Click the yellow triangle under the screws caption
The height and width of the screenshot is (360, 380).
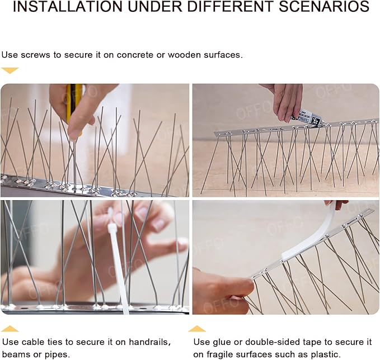click(x=10, y=70)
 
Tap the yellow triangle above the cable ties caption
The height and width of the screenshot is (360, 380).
click(x=10, y=329)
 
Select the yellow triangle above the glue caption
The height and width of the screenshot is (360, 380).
click(x=196, y=329)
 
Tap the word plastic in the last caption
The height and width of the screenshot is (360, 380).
click(x=324, y=354)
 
